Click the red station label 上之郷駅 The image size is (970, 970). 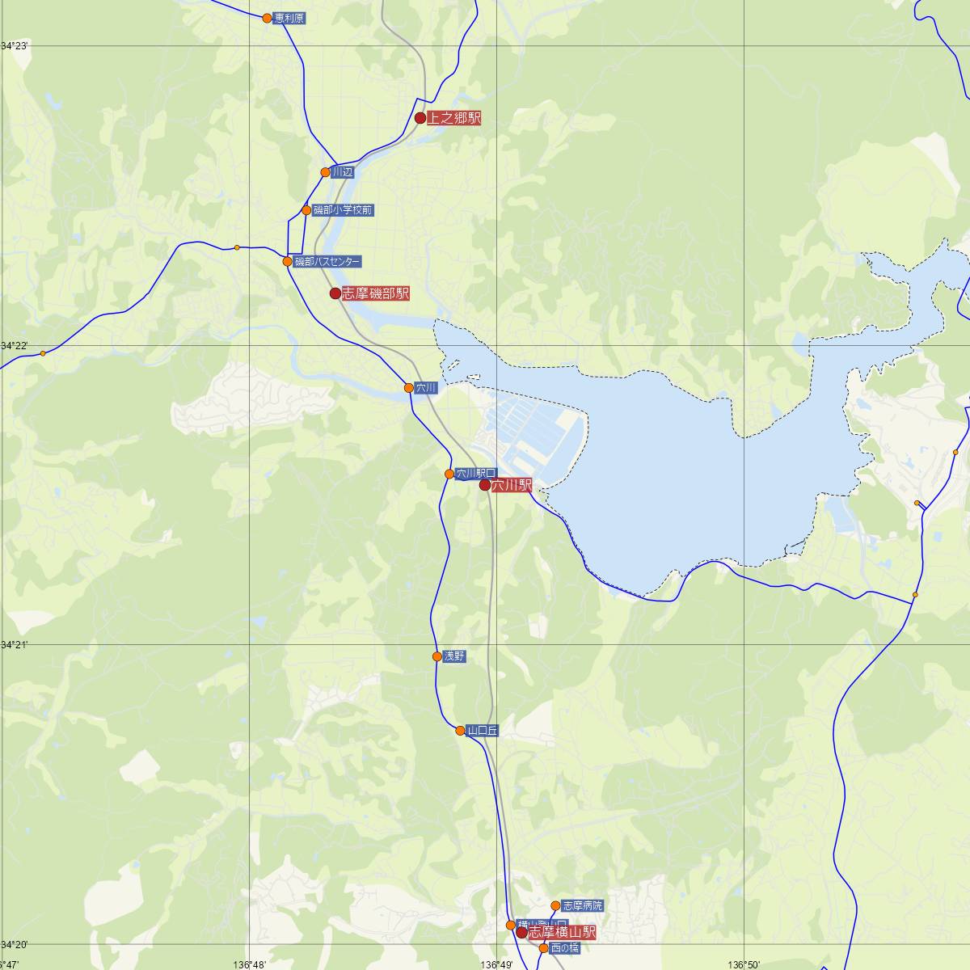[x=453, y=119]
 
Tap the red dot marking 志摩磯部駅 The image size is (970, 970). [x=335, y=293]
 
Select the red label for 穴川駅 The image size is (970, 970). [x=512, y=485]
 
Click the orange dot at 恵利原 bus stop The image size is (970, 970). [x=268, y=18]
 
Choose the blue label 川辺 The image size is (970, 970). [x=343, y=172]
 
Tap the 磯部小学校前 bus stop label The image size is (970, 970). [x=343, y=210]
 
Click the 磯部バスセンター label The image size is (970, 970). [x=327, y=261]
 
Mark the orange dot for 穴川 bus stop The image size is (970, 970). [x=409, y=388]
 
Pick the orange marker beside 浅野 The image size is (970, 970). [x=437, y=656]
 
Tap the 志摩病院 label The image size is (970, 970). [x=582, y=905]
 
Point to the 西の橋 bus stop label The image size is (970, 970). [x=564, y=948]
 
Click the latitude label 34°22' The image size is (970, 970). [x=15, y=346]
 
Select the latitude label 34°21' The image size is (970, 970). [x=15, y=645]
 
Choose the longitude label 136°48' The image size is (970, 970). [x=249, y=964]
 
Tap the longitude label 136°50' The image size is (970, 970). [x=744, y=964]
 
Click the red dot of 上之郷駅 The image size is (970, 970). [x=420, y=118]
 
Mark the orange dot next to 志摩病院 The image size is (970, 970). [x=555, y=905]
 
